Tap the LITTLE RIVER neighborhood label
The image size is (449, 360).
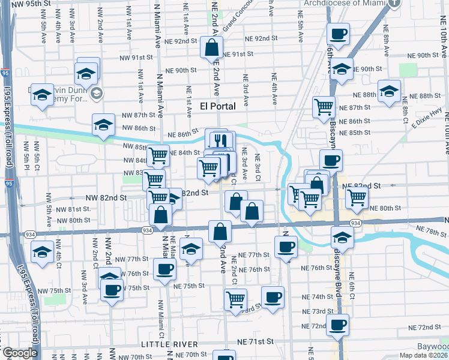pos(170,344)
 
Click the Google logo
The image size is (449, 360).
pos(20,353)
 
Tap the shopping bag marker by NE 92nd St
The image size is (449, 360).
pos(212,47)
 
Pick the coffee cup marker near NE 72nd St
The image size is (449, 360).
pos(338,325)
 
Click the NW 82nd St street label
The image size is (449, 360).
pos(106,197)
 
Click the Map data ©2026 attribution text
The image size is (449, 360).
pos(424,355)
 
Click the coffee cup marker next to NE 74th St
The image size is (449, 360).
pos(273,298)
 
